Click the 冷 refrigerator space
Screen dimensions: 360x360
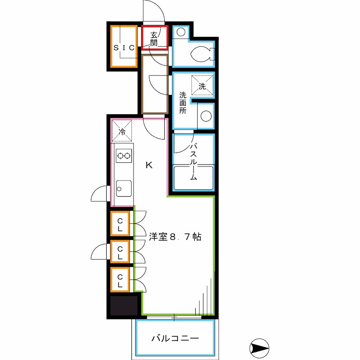tap(121, 131)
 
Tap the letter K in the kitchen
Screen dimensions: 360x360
tap(149, 165)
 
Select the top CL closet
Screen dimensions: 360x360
tap(121, 224)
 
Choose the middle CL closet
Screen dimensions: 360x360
tap(121, 252)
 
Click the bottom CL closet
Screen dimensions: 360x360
tap(121, 280)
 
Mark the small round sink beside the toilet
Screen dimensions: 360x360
tap(181, 32)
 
